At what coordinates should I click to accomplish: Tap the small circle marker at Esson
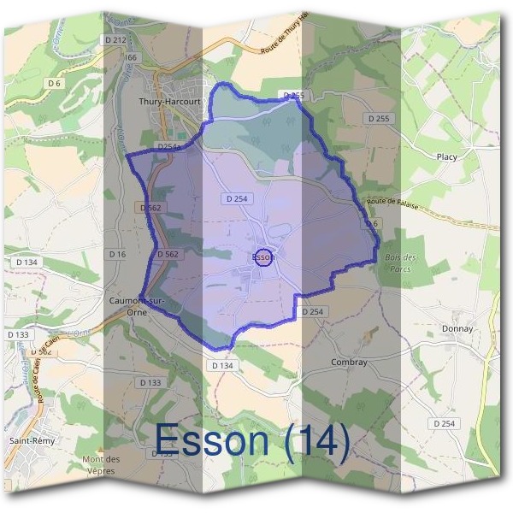(264, 256)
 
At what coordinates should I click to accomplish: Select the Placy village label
(446, 157)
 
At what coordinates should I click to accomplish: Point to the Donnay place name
(457, 329)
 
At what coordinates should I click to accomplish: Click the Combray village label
(348, 362)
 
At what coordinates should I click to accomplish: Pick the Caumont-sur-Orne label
(137, 306)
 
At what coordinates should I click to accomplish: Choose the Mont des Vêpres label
(101, 465)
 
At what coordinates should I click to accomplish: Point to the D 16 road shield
(118, 255)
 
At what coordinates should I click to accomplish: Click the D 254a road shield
(172, 146)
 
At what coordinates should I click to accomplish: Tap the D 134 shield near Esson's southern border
(221, 365)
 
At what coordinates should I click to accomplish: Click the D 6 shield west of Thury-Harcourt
(55, 84)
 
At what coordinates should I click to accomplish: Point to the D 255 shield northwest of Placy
(375, 117)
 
